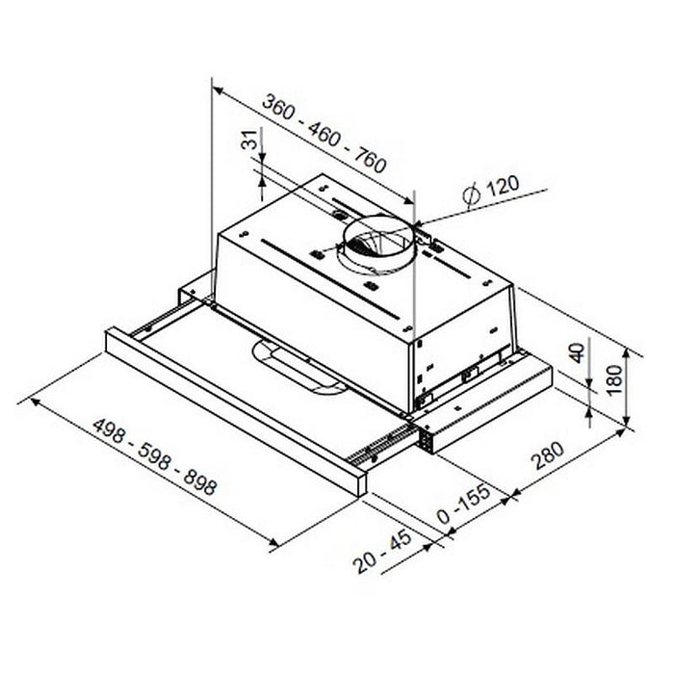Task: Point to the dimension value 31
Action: [x=253, y=148]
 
